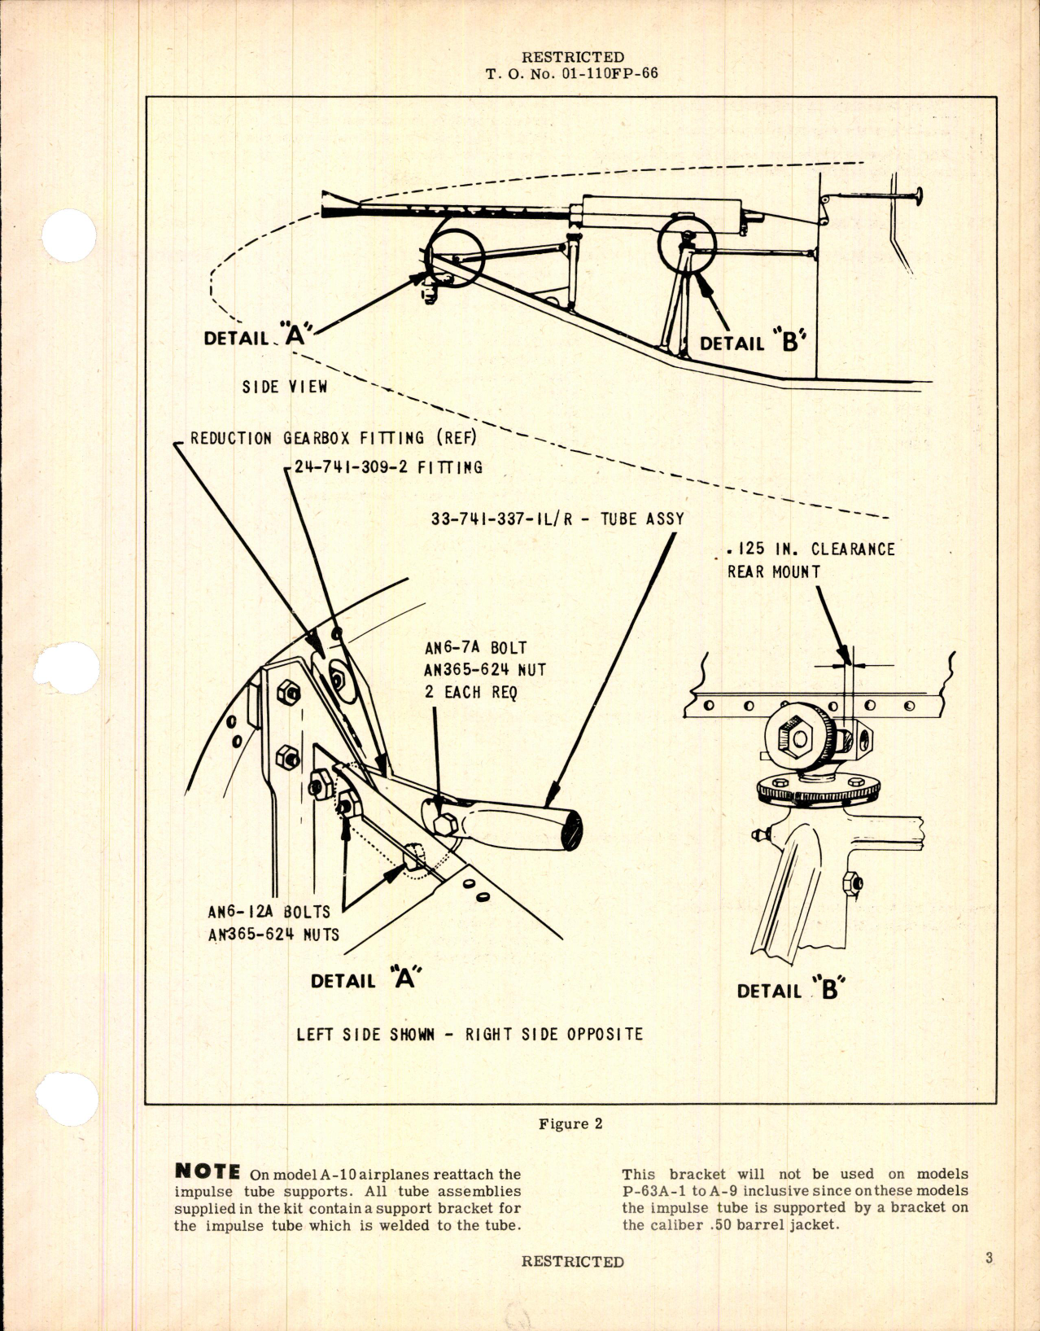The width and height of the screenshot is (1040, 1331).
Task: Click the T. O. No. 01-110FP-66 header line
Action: click(572, 73)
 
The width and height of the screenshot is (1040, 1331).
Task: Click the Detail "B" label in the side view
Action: click(753, 343)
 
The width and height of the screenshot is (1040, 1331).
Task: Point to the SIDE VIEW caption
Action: click(284, 387)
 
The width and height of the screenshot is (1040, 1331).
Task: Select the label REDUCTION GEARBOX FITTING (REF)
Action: click(333, 438)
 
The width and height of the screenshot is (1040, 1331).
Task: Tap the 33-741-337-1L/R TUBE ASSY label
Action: click(557, 519)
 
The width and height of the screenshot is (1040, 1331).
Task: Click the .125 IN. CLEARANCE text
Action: click(811, 549)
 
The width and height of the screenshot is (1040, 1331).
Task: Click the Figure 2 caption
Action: click(570, 1124)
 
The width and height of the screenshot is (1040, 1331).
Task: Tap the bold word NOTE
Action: click(208, 1172)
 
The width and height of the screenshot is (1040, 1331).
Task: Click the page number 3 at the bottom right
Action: click(989, 1258)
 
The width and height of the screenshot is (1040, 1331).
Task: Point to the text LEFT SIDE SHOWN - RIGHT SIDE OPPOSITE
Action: click(470, 1035)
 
